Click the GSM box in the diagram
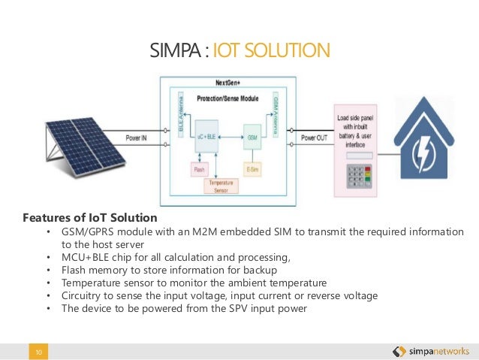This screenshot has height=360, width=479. point(253,138)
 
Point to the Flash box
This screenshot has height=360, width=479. point(199,170)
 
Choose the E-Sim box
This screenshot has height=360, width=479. point(252,170)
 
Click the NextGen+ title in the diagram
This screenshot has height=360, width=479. point(228,84)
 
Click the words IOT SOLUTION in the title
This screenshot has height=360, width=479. point(272,50)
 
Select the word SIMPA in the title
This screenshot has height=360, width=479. point(176,50)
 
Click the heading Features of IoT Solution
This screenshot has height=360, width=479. point(90,218)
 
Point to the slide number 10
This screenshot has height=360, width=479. point(37,351)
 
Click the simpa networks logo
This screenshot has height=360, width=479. point(431,351)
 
